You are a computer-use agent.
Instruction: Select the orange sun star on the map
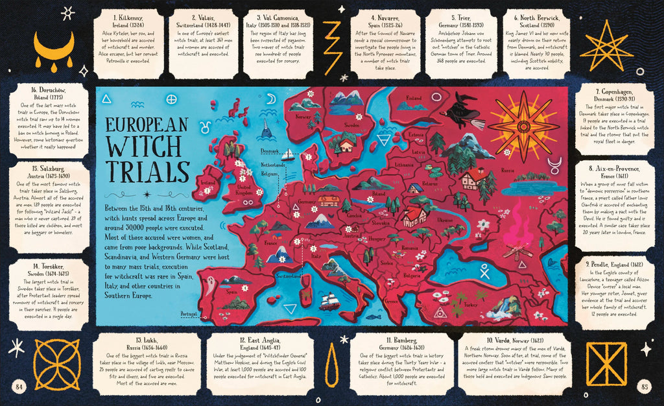[523, 123]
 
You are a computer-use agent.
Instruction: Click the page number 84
[19, 387]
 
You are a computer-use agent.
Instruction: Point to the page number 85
[644, 387]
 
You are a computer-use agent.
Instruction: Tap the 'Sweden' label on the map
[352, 125]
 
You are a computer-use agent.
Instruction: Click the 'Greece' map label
[391, 301]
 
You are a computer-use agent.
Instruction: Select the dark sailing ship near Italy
[329, 300]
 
